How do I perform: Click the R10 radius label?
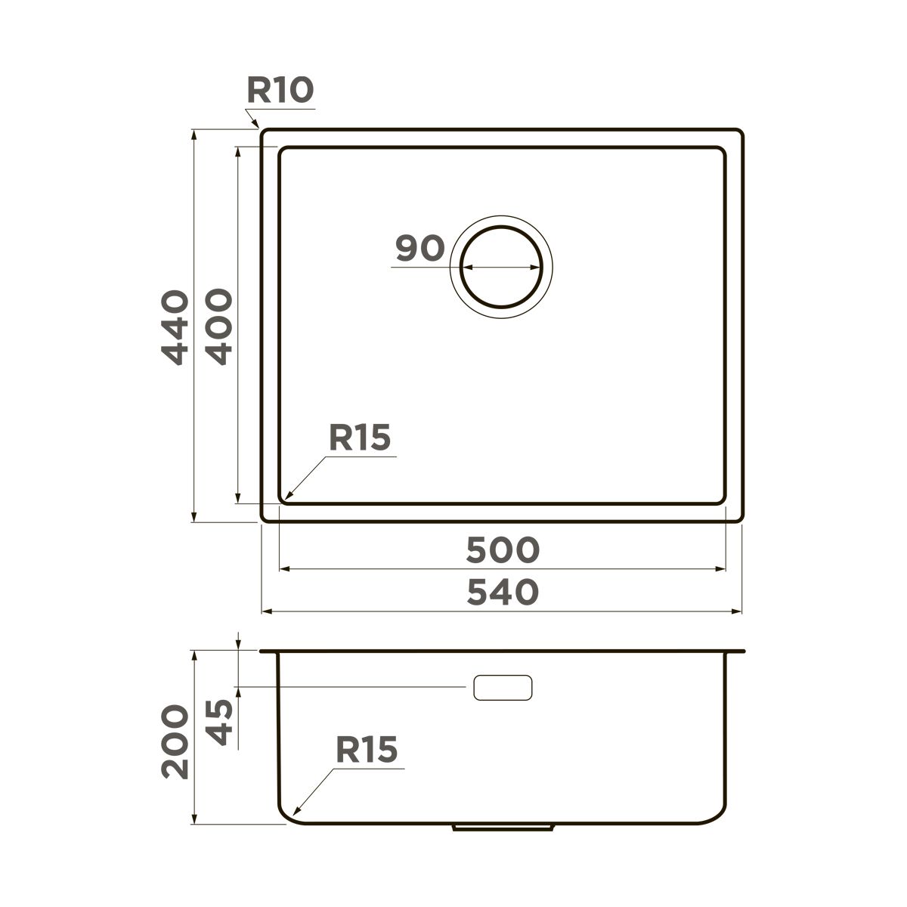[x=280, y=91]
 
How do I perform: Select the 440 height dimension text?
[x=175, y=328]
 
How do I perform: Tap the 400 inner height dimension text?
[x=219, y=327]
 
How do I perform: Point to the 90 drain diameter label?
[x=419, y=248]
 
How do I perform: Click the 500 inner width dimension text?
[x=503, y=549]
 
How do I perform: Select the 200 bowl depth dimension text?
[x=175, y=741]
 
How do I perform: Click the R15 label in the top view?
[x=360, y=438]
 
